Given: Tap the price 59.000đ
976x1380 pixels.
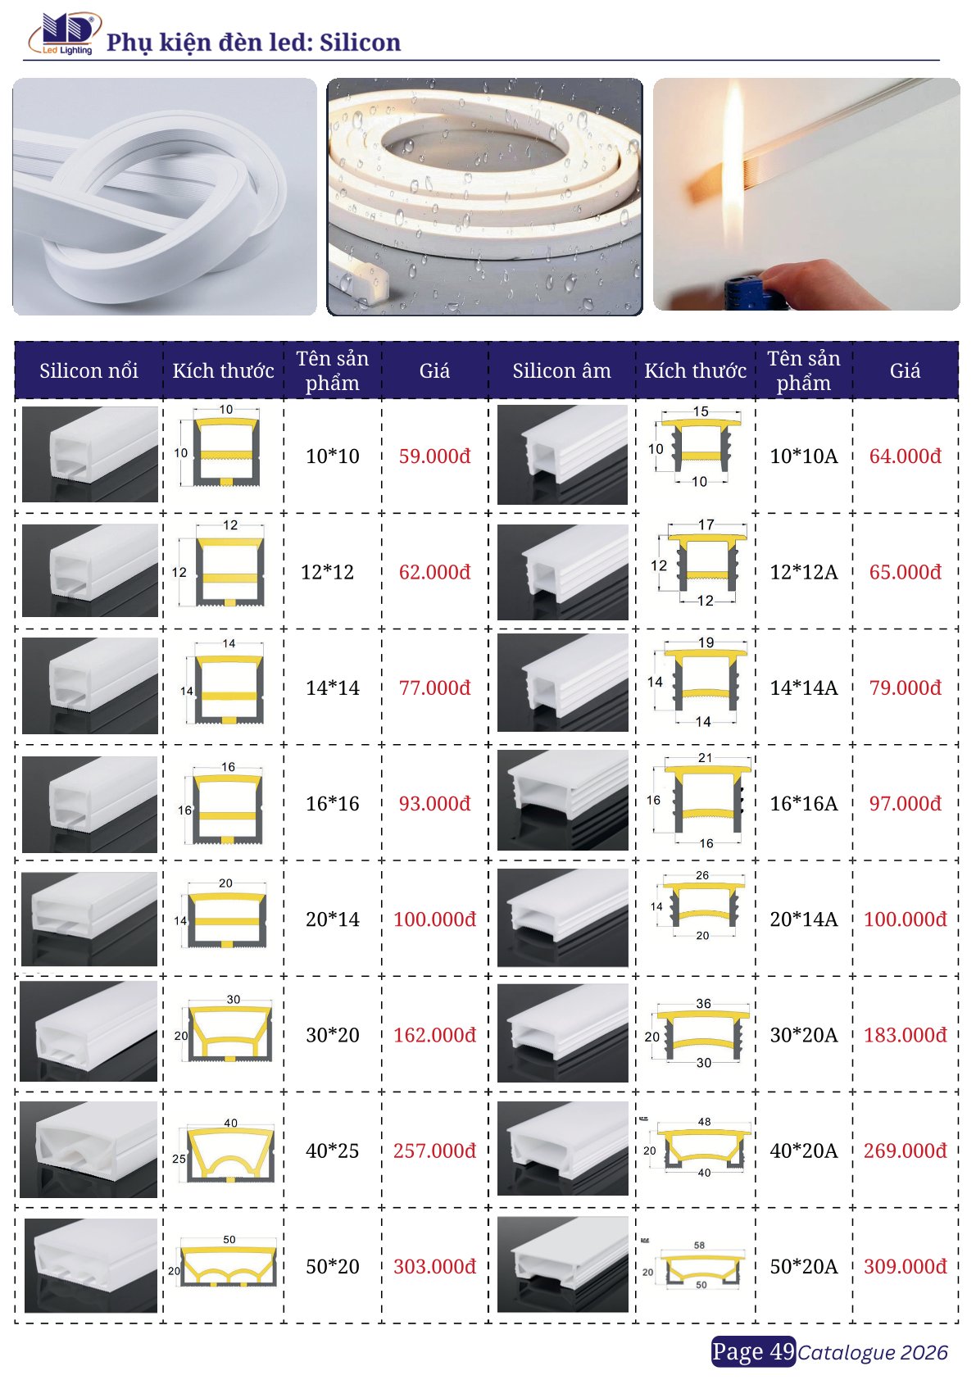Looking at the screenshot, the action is click(x=434, y=456).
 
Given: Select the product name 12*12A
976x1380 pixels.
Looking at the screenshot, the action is click(x=803, y=572).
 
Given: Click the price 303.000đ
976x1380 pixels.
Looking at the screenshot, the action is click(x=434, y=1266).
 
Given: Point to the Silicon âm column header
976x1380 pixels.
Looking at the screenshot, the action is click(x=561, y=370).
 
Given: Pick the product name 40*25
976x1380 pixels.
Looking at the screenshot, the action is click(x=332, y=1151).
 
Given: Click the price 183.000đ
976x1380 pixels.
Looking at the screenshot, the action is click(x=905, y=1034).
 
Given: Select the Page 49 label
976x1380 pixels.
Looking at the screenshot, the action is click(x=753, y=1351).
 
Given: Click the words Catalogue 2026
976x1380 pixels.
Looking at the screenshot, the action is click(x=873, y=1352).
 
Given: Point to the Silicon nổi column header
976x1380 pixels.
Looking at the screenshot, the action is click(x=89, y=370).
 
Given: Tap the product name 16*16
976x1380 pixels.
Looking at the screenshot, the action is click(x=332, y=803).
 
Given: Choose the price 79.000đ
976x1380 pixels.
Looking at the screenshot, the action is click(x=905, y=687).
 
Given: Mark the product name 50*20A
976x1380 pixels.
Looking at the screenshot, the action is click(x=803, y=1266).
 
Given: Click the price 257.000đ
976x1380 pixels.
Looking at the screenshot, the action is click(x=434, y=1151).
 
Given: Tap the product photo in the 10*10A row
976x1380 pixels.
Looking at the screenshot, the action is click(x=562, y=455).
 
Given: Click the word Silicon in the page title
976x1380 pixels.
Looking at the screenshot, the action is click(x=360, y=42).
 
